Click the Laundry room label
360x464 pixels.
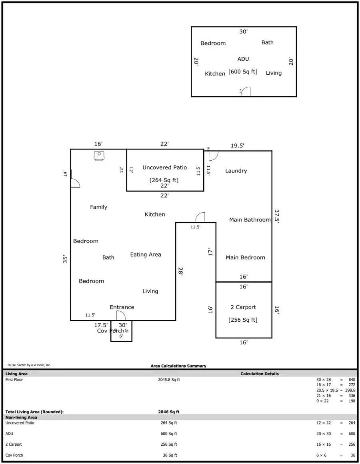pyautogui.click(x=236, y=171)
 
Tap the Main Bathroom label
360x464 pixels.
pyautogui.click(x=250, y=220)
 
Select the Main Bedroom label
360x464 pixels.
pyautogui.click(x=245, y=258)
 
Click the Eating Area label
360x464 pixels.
pyautogui.click(x=146, y=255)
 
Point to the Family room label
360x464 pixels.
pyautogui.click(x=98, y=207)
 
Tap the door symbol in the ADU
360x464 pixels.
pyautogui.click(x=246, y=92)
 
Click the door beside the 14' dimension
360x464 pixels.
pyautogui.click(x=75, y=183)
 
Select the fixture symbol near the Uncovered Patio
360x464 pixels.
pyautogui.click(x=99, y=156)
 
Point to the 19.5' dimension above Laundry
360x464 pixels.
pyautogui.click(x=238, y=146)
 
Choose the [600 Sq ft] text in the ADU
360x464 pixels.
pyautogui.click(x=243, y=72)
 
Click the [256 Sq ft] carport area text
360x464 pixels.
pyautogui.click(x=243, y=320)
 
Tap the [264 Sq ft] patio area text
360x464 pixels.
pyautogui.click(x=164, y=180)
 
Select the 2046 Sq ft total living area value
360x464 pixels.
pyautogui.click(x=169, y=412)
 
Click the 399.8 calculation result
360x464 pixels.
pyautogui.click(x=349, y=390)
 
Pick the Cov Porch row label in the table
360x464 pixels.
pyautogui.click(x=14, y=455)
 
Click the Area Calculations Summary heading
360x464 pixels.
pyautogui.click(x=178, y=366)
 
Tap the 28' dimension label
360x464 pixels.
pyautogui.click(x=180, y=272)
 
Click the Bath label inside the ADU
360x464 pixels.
pyautogui.click(x=268, y=42)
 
